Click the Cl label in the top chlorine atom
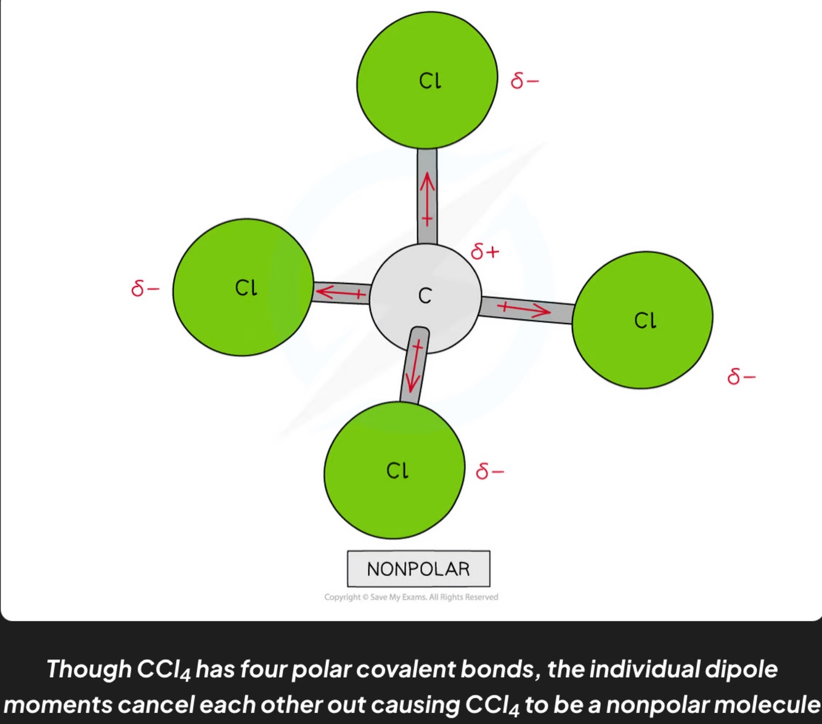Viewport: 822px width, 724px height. (430, 81)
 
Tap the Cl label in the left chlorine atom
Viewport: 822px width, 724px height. (246, 288)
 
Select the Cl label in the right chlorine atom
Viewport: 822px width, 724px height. (645, 320)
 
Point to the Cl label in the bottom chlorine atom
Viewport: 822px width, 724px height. (397, 471)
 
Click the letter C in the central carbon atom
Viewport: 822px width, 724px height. (425, 296)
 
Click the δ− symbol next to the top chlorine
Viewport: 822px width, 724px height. (525, 81)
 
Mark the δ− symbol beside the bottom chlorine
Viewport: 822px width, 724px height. (490, 471)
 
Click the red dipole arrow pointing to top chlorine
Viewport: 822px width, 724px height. (427, 198)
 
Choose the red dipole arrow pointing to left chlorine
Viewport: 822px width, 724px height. (340, 292)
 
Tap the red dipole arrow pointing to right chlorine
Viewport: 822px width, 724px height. (524, 309)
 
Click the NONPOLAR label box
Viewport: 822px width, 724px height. (418, 569)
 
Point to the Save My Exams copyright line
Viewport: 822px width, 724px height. (411, 597)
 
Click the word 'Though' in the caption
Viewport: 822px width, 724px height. (89, 669)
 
